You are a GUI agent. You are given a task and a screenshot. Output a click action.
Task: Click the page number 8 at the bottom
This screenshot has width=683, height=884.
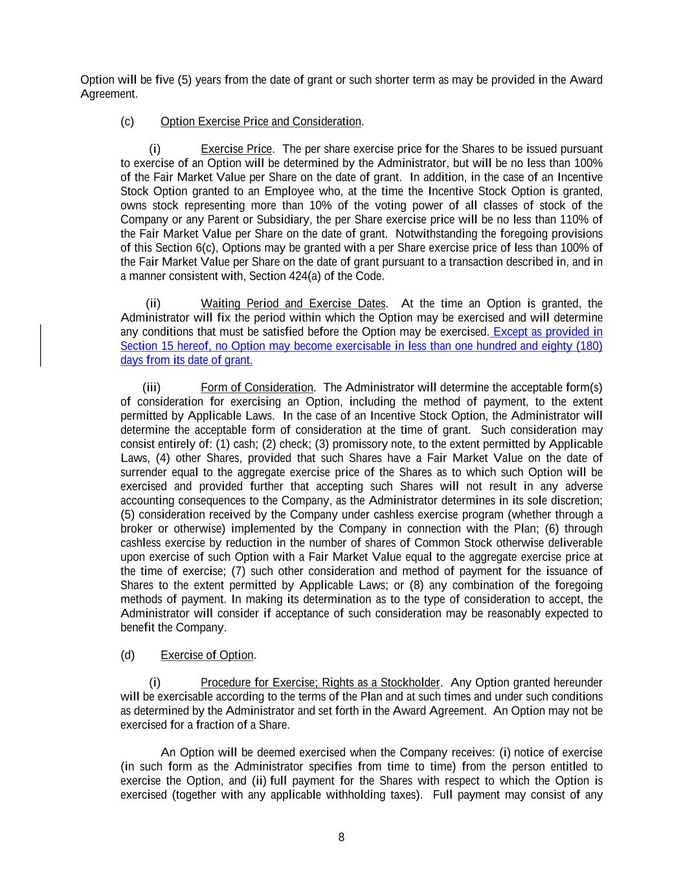tap(341, 837)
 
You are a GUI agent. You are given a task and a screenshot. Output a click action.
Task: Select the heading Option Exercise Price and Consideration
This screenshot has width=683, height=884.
tap(261, 122)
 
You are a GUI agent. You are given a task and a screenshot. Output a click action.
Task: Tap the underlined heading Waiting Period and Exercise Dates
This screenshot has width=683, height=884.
tap(293, 304)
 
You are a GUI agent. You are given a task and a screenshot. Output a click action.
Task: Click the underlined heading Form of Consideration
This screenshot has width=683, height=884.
tap(256, 388)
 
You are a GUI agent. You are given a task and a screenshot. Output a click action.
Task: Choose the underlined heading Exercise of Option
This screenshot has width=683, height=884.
tap(207, 655)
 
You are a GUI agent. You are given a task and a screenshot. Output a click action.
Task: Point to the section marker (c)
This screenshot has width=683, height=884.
tap(128, 122)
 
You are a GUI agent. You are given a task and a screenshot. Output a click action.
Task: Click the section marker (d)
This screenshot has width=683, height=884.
tap(128, 655)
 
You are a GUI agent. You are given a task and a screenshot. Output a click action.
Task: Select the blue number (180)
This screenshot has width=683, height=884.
tap(589, 346)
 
